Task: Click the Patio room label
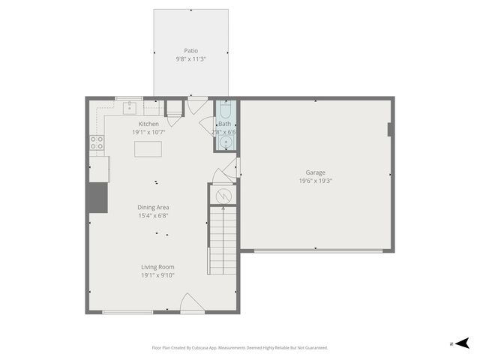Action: click(190, 50)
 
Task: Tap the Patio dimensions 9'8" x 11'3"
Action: click(190, 58)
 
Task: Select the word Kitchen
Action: click(148, 124)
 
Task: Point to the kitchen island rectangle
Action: click(148, 148)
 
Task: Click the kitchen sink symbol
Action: click(130, 107)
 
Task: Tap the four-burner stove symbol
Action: click(97, 142)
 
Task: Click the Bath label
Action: click(225, 124)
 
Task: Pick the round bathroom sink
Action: click(225, 141)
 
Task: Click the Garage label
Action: click(315, 172)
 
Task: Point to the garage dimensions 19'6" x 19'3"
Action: click(315, 181)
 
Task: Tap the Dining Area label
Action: click(153, 208)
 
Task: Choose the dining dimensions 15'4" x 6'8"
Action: click(153, 216)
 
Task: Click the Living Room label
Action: click(157, 267)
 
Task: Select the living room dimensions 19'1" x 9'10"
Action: click(157, 275)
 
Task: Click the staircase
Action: click(223, 240)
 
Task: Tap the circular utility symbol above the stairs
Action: click(223, 196)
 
